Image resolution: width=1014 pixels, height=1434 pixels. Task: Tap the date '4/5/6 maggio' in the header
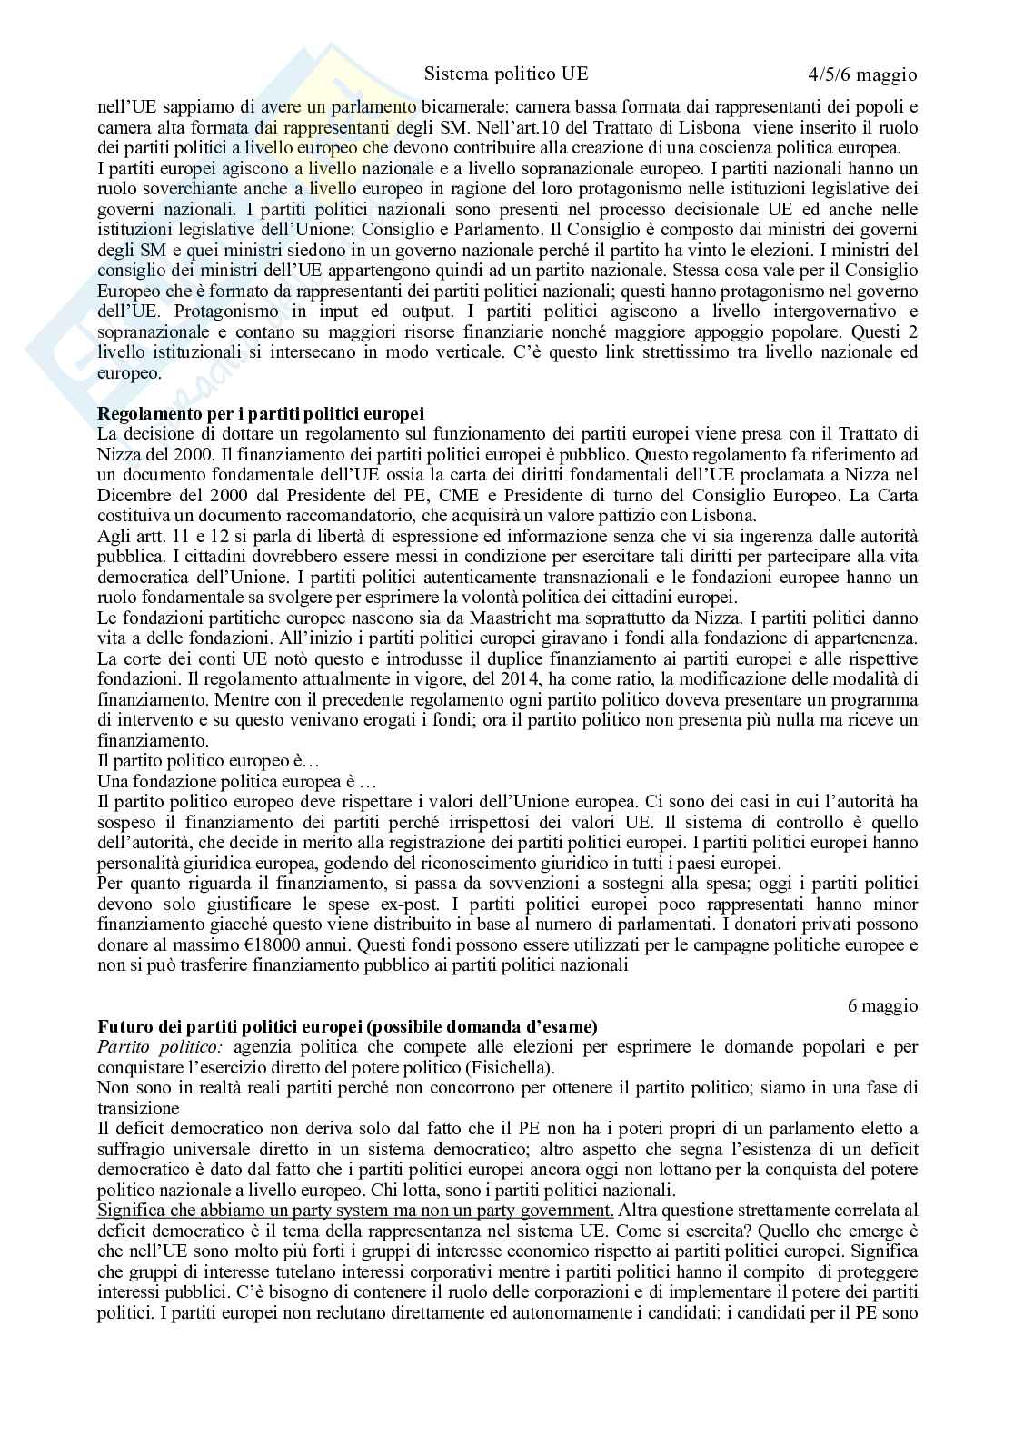(861, 74)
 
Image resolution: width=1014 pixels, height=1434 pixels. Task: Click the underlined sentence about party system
(355, 1210)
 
